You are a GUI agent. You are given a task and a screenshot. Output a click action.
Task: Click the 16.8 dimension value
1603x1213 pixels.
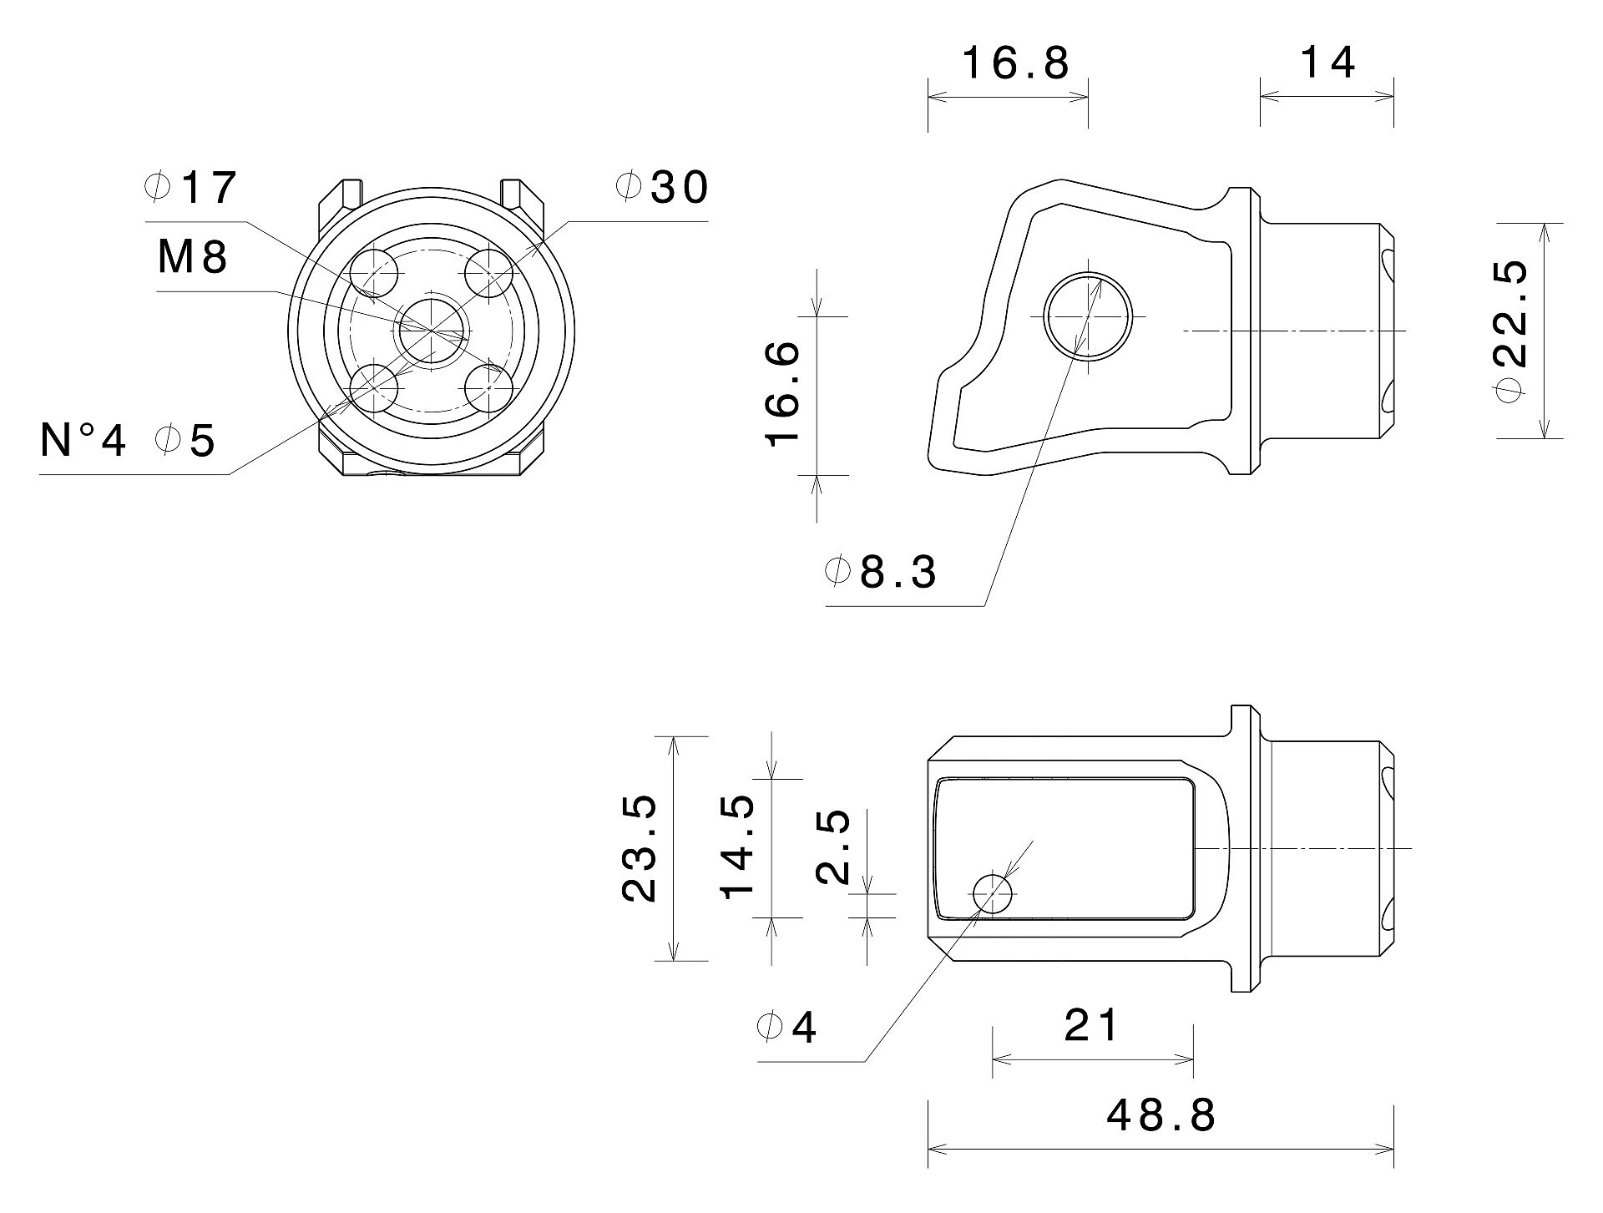(1016, 63)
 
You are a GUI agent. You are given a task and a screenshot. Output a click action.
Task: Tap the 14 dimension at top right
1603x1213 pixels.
(1328, 63)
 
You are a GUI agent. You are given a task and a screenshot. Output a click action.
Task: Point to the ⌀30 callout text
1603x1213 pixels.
(661, 188)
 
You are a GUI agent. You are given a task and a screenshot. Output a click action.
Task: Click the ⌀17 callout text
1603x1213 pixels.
(190, 188)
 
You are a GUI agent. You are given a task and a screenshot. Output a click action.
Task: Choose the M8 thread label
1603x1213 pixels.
(193, 257)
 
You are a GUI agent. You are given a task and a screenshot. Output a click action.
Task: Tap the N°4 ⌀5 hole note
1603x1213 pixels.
(128, 440)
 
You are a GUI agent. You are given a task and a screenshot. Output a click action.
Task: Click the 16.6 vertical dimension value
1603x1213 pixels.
(784, 395)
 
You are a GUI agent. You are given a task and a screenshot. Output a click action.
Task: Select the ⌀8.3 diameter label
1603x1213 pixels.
(881, 573)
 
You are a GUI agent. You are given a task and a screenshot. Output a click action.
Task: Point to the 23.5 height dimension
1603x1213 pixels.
(640, 849)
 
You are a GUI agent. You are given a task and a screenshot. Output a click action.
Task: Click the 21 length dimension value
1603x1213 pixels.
(1091, 1025)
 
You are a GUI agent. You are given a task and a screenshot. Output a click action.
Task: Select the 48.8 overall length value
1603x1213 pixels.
(1161, 1114)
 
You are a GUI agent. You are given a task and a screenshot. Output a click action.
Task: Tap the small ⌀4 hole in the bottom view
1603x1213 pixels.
(992, 894)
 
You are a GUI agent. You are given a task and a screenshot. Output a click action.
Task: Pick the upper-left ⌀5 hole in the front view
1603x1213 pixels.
(373, 272)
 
